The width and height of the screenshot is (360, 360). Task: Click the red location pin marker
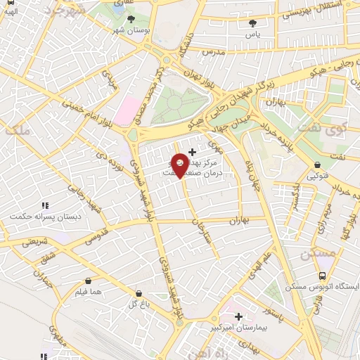click(x=180, y=165)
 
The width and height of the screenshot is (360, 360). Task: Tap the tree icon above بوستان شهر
click(x=131, y=20)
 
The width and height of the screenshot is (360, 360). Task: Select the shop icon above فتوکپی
click(x=318, y=166)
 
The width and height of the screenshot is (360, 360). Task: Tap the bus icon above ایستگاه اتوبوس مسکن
click(x=321, y=276)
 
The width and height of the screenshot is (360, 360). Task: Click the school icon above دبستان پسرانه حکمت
click(x=44, y=205)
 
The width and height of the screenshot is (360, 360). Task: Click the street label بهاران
click(x=239, y=220)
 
